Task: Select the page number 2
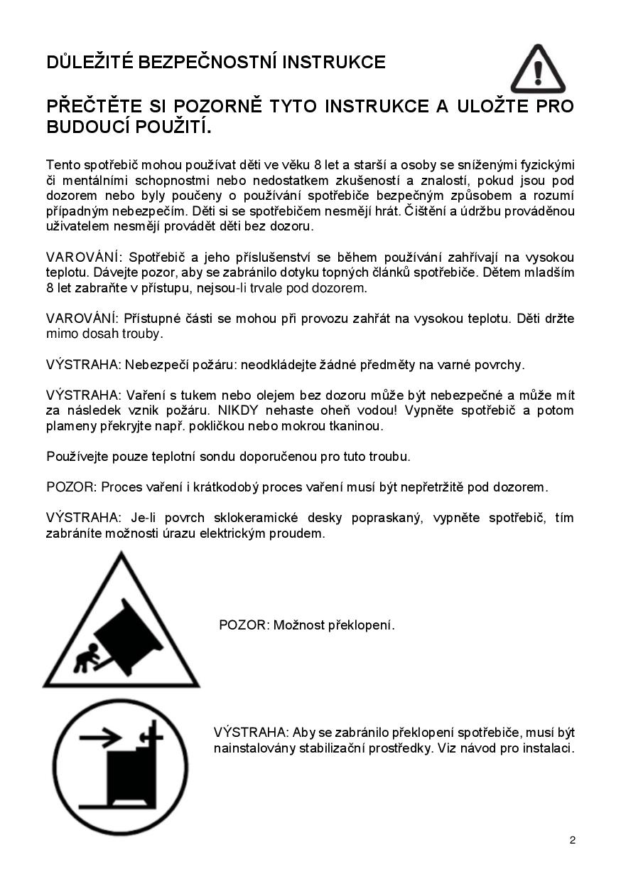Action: [x=573, y=840]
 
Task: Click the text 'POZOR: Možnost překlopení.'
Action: [x=306, y=625]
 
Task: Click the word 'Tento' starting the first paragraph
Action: [x=63, y=164]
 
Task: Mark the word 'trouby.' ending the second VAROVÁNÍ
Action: [x=140, y=333]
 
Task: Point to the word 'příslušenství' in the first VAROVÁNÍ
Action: [x=261, y=257]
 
